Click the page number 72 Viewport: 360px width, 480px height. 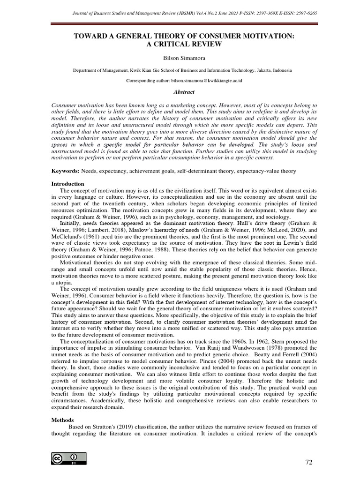[x=308, y=462]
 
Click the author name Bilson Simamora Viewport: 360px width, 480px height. [x=180, y=59]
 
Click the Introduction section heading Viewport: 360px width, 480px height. [x=68, y=184]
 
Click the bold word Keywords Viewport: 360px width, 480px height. [x=64, y=172]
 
